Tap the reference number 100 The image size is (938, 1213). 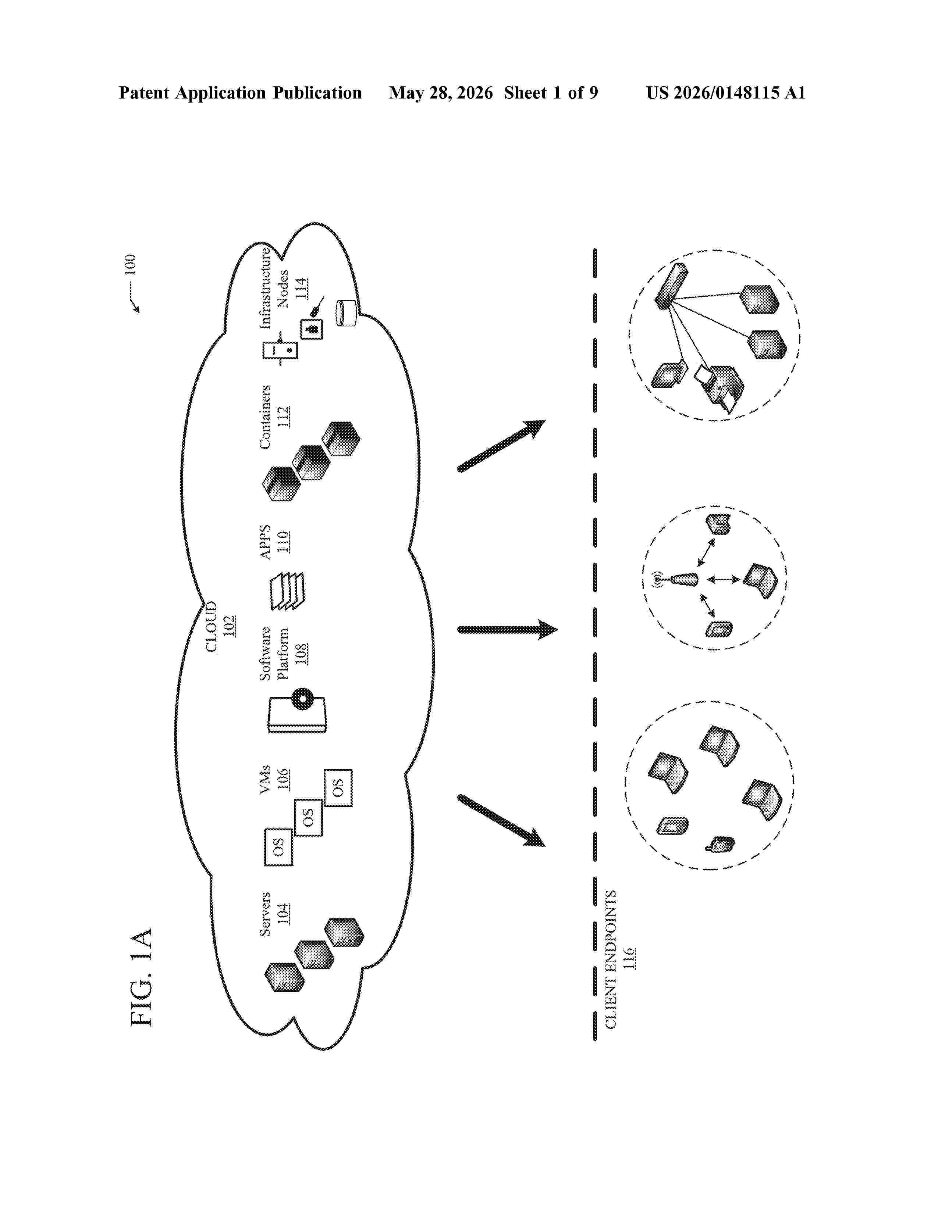(x=129, y=265)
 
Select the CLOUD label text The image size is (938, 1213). (x=212, y=626)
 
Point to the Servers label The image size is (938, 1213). (x=265, y=914)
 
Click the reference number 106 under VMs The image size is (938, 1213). (x=283, y=779)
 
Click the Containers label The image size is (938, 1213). (x=265, y=416)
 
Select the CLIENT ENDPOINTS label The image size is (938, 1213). (x=611, y=959)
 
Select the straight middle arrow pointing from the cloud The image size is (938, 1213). (x=507, y=629)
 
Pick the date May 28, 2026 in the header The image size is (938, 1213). (x=441, y=93)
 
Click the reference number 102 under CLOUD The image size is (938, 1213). (x=229, y=626)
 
